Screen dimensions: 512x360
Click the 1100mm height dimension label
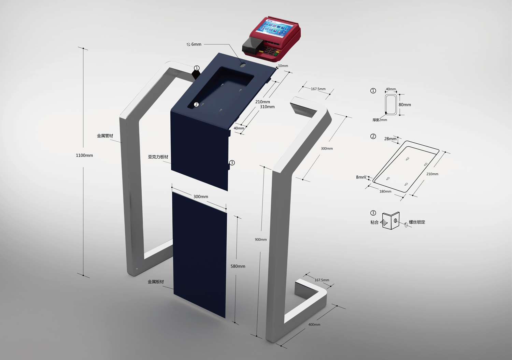coord(84,155)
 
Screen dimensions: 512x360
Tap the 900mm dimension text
coord(261,240)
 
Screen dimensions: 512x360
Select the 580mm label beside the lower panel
coord(238,266)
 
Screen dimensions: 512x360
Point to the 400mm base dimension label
coord(314,325)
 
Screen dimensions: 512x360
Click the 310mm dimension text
coord(267,107)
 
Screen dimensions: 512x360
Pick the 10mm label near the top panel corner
coord(283,66)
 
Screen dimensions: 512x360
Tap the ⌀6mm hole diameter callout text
coord(194,44)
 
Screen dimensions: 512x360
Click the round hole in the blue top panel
coord(242,65)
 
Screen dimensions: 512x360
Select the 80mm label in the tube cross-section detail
coord(405,105)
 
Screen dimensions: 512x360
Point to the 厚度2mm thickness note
coord(380,120)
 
